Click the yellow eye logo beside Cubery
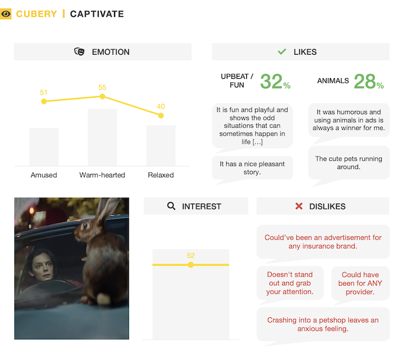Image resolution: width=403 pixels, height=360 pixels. point(6,14)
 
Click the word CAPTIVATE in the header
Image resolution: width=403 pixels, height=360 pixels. point(97,14)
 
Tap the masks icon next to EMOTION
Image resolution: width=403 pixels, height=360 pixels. point(79,52)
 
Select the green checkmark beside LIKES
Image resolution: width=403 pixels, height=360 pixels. point(282,52)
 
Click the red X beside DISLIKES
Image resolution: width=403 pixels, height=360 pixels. point(298,206)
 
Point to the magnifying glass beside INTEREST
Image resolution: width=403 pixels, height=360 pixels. point(171,206)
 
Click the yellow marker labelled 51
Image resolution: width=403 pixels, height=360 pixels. point(44,102)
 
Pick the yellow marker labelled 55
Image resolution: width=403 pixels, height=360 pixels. point(102,97)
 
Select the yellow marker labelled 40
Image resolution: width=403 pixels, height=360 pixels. point(161,116)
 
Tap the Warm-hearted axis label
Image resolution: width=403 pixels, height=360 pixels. point(102,175)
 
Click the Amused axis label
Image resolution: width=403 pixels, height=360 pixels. point(44,175)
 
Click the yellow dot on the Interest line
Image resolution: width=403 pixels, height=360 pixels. point(191,265)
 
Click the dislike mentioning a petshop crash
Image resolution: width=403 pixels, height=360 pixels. point(322,324)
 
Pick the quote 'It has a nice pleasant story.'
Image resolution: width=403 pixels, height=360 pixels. point(252,168)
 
